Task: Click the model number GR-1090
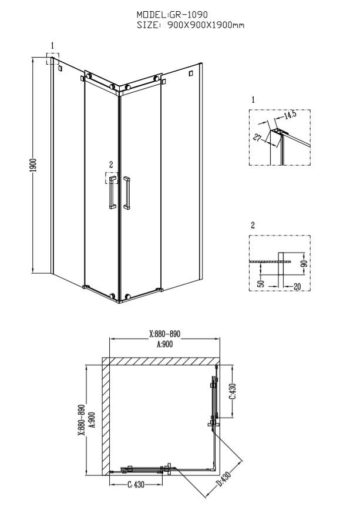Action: [189, 15]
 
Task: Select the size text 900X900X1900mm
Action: [206, 25]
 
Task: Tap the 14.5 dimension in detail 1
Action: [289, 116]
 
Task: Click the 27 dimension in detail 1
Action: [258, 138]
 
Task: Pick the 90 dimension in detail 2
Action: [304, 263]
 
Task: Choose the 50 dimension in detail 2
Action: [261, 283]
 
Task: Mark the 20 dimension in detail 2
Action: [297, 287]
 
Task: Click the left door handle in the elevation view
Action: [113, 192]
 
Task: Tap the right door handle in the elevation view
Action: [126, 193]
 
